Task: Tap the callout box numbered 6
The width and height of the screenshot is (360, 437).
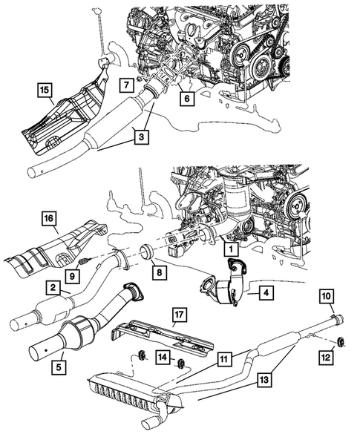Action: click(x=186, y=96)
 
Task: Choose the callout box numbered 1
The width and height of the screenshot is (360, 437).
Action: click(x=230, y=251)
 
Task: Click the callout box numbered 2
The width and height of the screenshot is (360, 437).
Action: click(x=53, y=286)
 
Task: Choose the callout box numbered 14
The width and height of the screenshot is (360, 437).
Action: click(x=162, y=358)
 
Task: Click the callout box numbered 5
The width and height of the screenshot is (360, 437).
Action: click(x=56, y=364)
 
